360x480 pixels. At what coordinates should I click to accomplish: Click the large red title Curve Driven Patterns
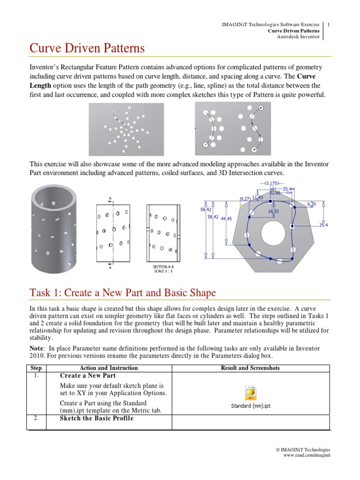click(87, 48)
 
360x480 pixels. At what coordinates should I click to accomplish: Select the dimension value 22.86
click(275, 193)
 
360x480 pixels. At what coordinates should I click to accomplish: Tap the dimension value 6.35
click(311, 204)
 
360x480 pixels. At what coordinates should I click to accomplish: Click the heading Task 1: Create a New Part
click(123, 293)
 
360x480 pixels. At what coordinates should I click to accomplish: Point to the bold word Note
click(37, 348)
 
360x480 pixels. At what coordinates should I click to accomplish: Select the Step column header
click(36, 368)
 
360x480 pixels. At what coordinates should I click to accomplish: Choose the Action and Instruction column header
click(109, 368)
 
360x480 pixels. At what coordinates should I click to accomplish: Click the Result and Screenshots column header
click(250, 368)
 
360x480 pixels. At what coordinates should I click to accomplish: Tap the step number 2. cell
click(36, 418)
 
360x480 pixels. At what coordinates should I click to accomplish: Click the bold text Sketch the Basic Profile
click(97, 418)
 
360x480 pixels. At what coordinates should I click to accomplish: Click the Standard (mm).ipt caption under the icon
click(251, 406)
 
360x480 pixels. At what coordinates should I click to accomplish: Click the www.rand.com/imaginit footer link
click(307, 456)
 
